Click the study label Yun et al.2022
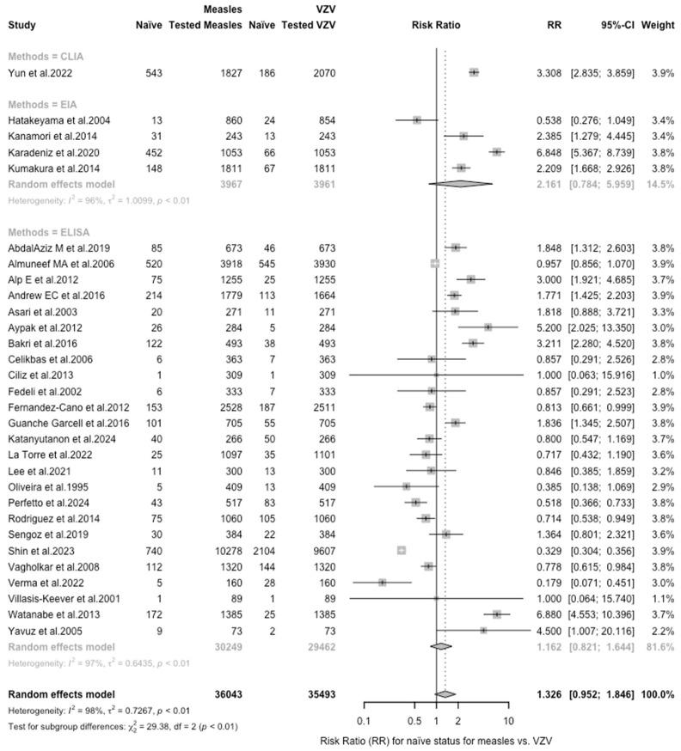37,74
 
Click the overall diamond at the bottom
445,693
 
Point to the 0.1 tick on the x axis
364,720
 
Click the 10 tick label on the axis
509,720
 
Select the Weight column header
657,25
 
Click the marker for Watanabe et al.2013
497,614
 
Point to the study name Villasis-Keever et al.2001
64,598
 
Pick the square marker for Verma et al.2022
382,582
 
